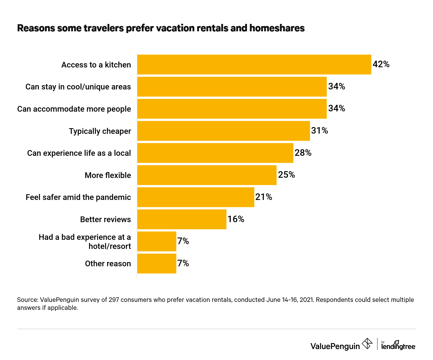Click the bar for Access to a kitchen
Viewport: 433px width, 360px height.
tap(254, 65)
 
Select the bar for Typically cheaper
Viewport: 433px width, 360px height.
tap(224, 131)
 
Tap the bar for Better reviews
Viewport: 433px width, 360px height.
tap(182, 219)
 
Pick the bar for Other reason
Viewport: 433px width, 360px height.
tap(157, 264)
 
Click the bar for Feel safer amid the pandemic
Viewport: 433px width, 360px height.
tap(196, 197)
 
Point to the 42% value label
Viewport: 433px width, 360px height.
tap(381, 64)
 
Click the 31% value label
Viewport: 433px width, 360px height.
tap(319, 131)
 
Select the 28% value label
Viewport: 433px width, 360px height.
tap(303, 153)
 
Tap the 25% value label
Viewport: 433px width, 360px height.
tap(286, 175)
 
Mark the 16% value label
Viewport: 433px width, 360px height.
tap(236, 219)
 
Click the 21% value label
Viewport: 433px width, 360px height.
tap(264, 197)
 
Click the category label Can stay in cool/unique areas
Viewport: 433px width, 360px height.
tap(78, 87)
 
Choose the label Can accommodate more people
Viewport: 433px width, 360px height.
tap(74, 109)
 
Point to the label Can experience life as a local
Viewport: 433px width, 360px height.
tap(79, 153)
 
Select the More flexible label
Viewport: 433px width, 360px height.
tap(108, 175)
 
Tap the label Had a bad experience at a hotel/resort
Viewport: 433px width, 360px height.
tap(85, 242)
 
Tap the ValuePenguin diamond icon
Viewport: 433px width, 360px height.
tap(367, 343)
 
